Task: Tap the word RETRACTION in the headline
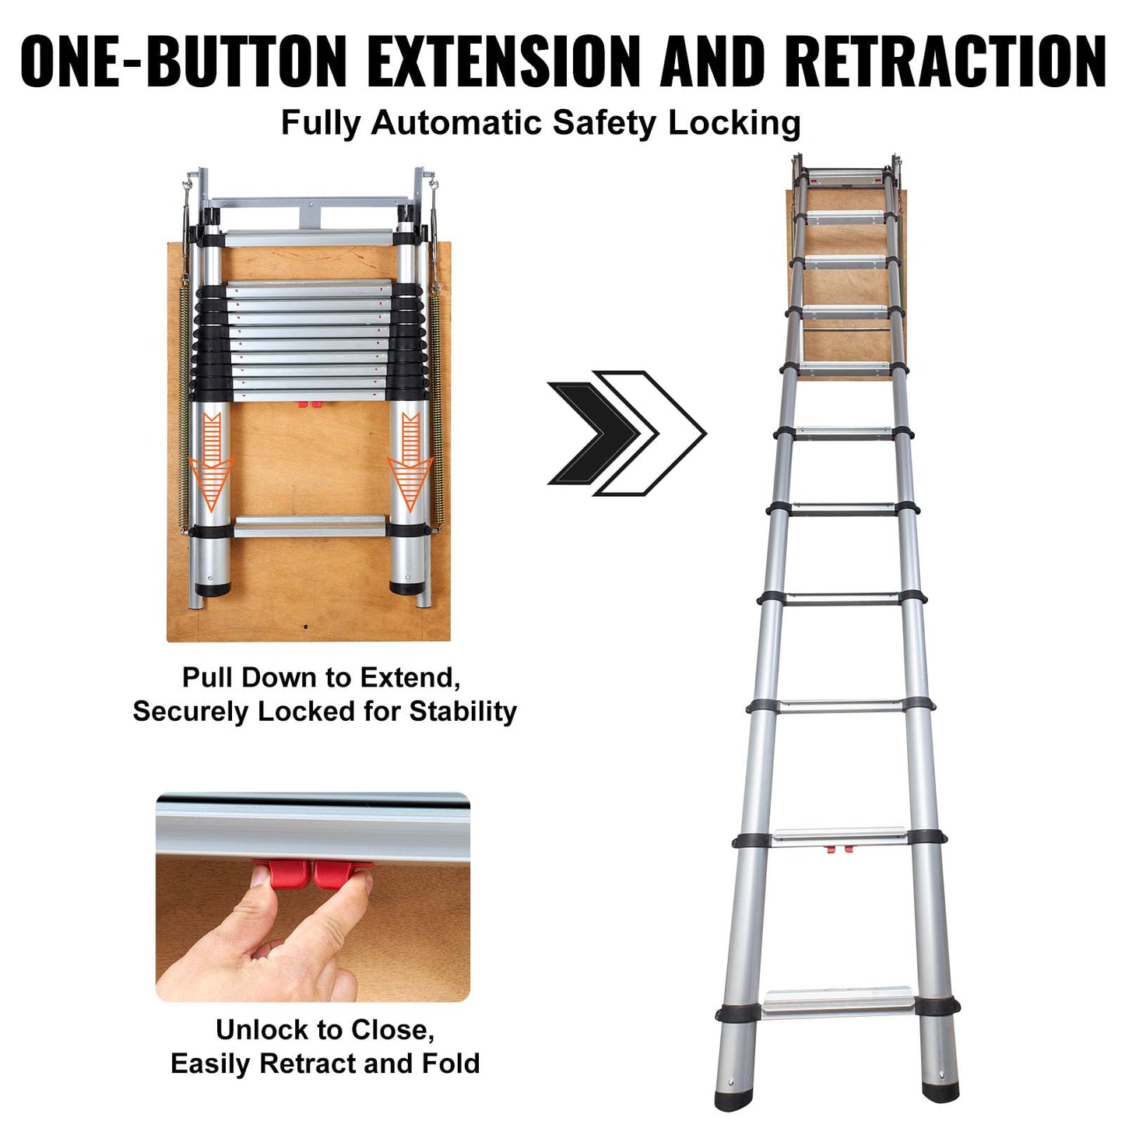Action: click(944, 61)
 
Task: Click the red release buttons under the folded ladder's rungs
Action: click(308, 404)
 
